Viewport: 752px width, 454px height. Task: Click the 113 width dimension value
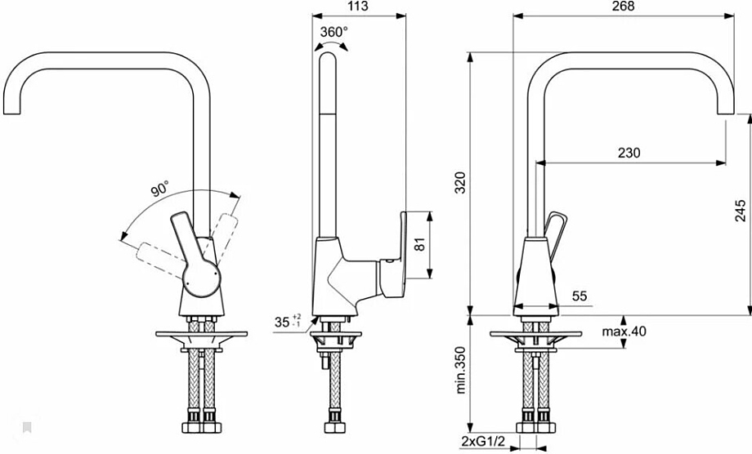click(x=357, y=7)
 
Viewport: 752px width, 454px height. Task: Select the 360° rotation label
click(x=333, y=32)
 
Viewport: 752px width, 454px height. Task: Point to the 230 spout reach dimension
click(x=629, y=153)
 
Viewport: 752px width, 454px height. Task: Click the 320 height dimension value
click(x=460, y=183)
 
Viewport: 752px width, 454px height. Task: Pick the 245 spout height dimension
click(x=740, y=211)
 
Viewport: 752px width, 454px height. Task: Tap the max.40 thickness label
click(x=624, y=332)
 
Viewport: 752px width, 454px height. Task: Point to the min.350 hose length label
click(x=460, y=372)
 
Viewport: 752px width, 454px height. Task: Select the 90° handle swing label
click(x=159, y=190)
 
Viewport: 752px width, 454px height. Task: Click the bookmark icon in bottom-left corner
click(x=26, y=427)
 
